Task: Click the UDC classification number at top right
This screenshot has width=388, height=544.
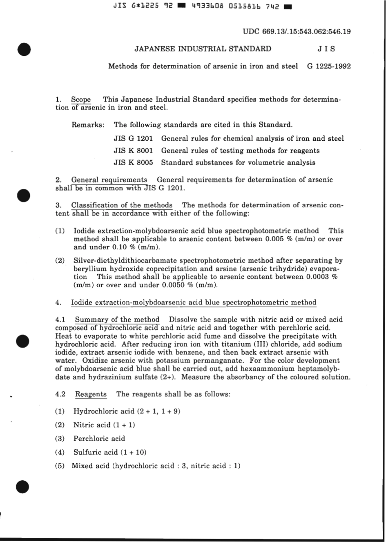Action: tap(297, 31)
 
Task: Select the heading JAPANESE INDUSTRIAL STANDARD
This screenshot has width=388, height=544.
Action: tap(203, 49)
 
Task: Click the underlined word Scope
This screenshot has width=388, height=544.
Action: tap(81, 100)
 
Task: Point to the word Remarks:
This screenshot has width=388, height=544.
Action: tap(88, 125)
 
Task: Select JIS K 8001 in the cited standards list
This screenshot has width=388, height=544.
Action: tap(133, 151)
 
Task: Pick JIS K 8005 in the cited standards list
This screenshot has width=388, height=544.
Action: tap(133, 162)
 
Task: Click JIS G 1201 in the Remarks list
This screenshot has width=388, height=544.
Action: tap(133, 138)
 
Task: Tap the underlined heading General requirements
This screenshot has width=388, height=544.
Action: tap(109, 180)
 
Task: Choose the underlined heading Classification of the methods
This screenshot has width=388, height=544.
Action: tap(122, 205)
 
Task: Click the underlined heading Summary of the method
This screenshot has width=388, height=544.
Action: tap(117, 320)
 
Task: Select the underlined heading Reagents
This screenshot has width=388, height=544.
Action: tap(91, 394)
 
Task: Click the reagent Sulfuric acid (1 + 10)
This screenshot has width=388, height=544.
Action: tap(110, 452)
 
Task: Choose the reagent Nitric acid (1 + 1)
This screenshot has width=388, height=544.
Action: tap(104, 425)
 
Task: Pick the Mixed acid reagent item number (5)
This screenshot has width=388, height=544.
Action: tap(60, 466)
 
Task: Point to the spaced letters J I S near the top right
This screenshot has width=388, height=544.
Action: tap(326, 49)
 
